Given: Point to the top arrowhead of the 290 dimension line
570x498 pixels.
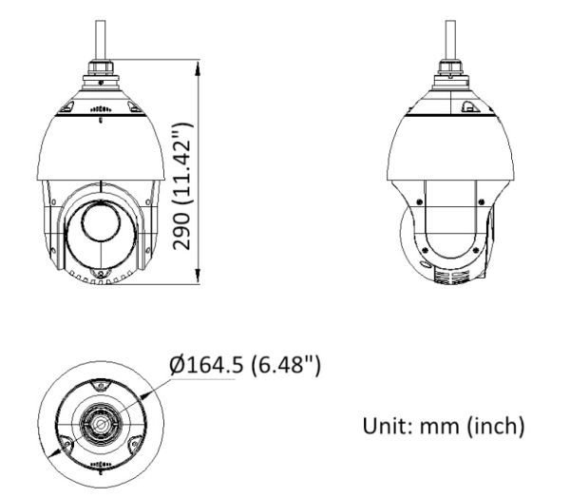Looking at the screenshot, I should [x=198, y=69].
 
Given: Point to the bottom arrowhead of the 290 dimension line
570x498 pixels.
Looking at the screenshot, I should [x=198, y=280].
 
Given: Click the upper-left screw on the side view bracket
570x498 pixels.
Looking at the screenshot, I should [x=415, y=202].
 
